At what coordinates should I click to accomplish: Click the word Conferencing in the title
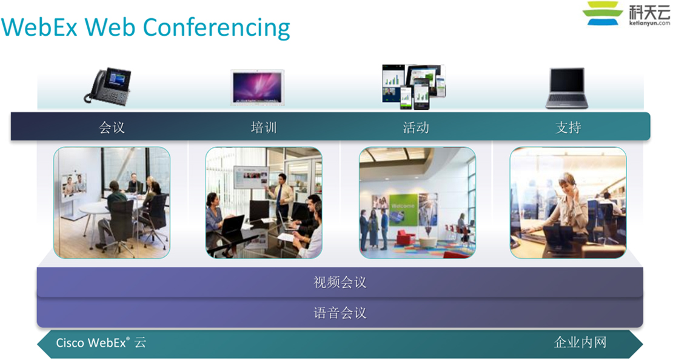(216, 28)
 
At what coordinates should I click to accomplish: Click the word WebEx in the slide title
(39, 27)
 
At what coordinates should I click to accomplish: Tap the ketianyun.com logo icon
(603, 13)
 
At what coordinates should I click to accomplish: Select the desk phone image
(107, 86)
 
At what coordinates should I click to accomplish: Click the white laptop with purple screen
(257, 87)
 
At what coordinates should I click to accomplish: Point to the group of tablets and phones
(414, 86)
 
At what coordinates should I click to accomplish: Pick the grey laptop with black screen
(567, 88)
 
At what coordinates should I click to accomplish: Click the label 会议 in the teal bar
(112, 127)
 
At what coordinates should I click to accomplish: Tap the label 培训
(264, 127)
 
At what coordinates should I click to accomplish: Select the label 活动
(415, 127)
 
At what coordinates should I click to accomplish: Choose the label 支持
(568, 127)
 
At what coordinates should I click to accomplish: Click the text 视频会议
(340, 282)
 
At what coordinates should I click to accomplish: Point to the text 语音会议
(340, 313)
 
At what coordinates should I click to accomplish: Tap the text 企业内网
(580, 342)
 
